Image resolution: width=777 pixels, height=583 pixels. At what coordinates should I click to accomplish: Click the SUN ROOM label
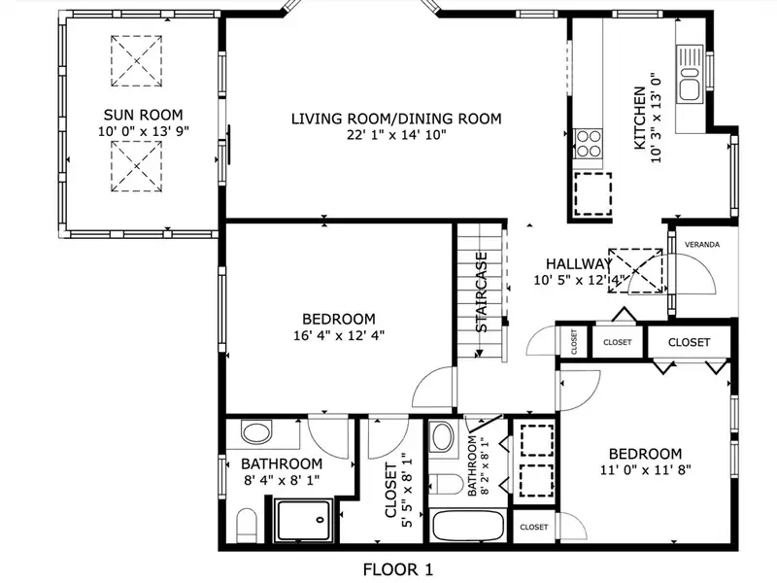143,115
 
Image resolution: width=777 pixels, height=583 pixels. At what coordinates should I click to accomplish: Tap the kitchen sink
689,75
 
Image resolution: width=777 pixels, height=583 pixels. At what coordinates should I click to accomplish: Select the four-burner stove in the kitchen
589,143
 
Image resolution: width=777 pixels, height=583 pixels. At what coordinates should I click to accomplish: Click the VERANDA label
702,245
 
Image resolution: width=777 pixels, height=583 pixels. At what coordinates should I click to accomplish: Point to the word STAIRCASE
481,292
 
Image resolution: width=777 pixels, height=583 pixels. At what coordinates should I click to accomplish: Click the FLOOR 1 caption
398,569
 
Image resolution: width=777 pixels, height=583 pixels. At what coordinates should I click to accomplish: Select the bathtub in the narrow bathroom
468,527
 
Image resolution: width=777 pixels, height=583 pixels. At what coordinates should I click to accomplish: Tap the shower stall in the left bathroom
304,521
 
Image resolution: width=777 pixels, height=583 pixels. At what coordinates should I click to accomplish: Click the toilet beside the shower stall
246,526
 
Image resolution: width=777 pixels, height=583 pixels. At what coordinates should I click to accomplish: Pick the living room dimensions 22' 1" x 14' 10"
396,135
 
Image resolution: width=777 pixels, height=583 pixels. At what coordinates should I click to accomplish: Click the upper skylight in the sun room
136,61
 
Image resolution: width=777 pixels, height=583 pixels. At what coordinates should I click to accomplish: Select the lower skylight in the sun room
136,166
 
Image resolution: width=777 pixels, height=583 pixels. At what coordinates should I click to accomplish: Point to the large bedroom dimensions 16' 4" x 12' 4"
339,335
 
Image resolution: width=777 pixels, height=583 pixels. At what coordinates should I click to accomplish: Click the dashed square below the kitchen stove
592,193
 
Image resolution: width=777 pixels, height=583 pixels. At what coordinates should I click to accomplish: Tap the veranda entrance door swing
692,274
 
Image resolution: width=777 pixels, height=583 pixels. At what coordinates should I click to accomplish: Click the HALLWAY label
579,264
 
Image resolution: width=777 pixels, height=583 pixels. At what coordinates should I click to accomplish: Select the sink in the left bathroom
256,431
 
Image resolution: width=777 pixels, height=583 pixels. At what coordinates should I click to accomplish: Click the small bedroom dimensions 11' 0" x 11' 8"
646,470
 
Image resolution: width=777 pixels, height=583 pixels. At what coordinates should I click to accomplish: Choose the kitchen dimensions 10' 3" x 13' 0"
656,118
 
